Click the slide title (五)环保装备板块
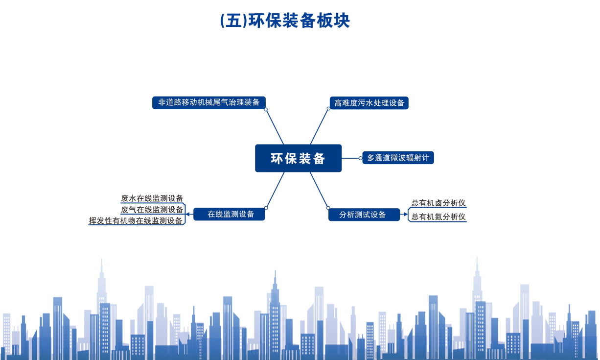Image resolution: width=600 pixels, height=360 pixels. (285, 21)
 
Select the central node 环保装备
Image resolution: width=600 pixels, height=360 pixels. (298, 158)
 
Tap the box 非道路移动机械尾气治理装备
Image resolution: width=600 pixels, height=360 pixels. (208, 103)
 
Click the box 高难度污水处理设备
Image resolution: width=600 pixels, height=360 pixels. (369, 103)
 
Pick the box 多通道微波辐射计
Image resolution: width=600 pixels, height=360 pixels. (398, 158)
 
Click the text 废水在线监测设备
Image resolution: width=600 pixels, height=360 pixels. (152, 198)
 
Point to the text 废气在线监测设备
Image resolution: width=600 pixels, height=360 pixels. (152, 210)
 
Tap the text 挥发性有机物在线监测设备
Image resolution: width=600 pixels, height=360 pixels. (136, 221)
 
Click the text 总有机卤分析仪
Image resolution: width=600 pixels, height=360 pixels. (438, 203)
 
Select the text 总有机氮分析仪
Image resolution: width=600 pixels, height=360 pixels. (438, 216)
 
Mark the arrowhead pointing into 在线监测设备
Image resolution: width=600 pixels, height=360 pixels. (188, 214)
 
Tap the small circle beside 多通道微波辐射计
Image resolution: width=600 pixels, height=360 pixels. (361, 158)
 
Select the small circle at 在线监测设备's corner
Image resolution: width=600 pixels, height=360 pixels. (266, 208)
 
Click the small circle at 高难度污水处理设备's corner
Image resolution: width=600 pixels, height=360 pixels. (328, 109)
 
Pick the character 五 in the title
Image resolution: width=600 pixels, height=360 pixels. (233, 21)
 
